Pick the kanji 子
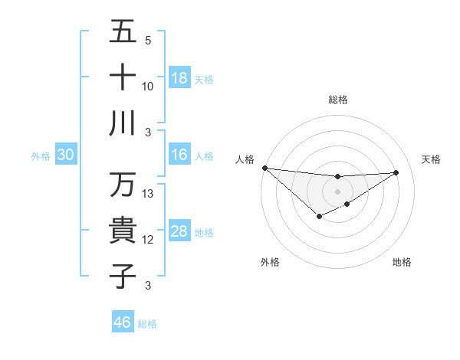point(123,276)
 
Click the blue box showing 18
point(179,77)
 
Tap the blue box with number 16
point(179,155)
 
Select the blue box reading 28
point(179,231)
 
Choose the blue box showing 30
point(66,155)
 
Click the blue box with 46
point(123,322)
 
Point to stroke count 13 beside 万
point(149,194)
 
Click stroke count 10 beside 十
point(148,86)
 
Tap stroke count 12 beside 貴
point(149,240)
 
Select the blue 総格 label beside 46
point(147,324)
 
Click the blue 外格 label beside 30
point(41,156)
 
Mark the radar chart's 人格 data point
point(264,168)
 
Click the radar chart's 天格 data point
point(396,172)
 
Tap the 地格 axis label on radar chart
point(402,262)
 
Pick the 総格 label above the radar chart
point(337,100)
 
